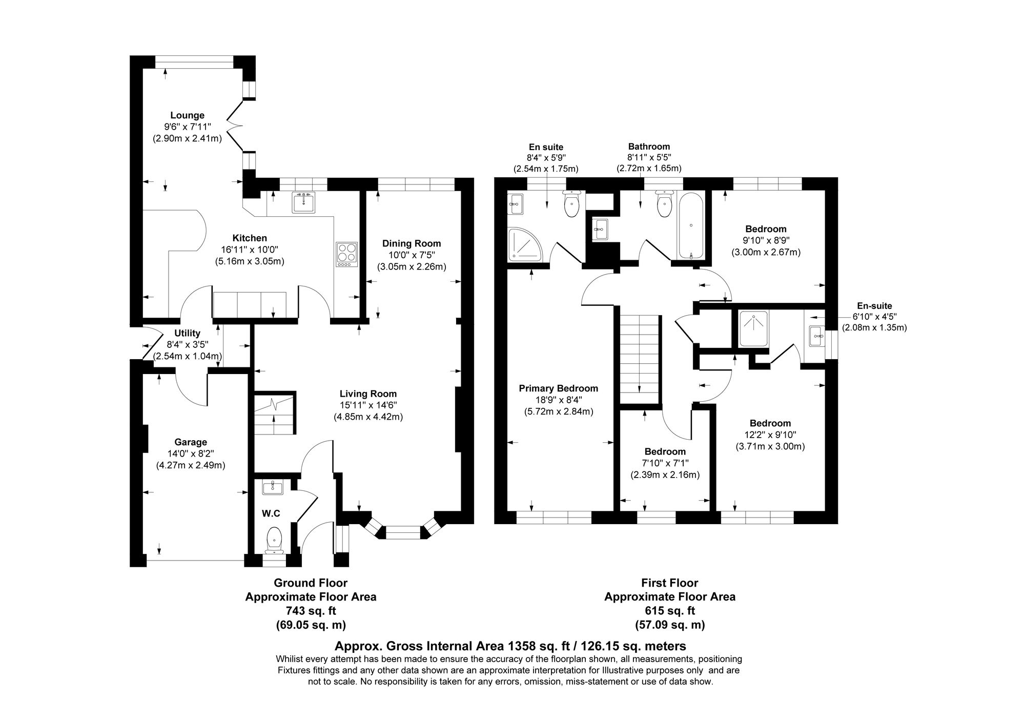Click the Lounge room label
pos(187,115)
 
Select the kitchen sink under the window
pos(303,202)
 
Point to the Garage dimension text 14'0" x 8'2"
pos(191,453)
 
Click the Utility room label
pos(187,334)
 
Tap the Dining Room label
pos(411,243)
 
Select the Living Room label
pos(368,394)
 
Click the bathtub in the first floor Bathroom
pos(691,225)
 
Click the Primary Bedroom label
pos(558,388)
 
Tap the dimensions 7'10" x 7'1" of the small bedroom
pos(665,463)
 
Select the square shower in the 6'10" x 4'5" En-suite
pos(753,328)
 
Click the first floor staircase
pos(639,354)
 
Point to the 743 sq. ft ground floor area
pos(311,611)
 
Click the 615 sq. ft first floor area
pos(669,611)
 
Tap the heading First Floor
pos(669,583)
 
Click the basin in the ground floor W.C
pos(273,488)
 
